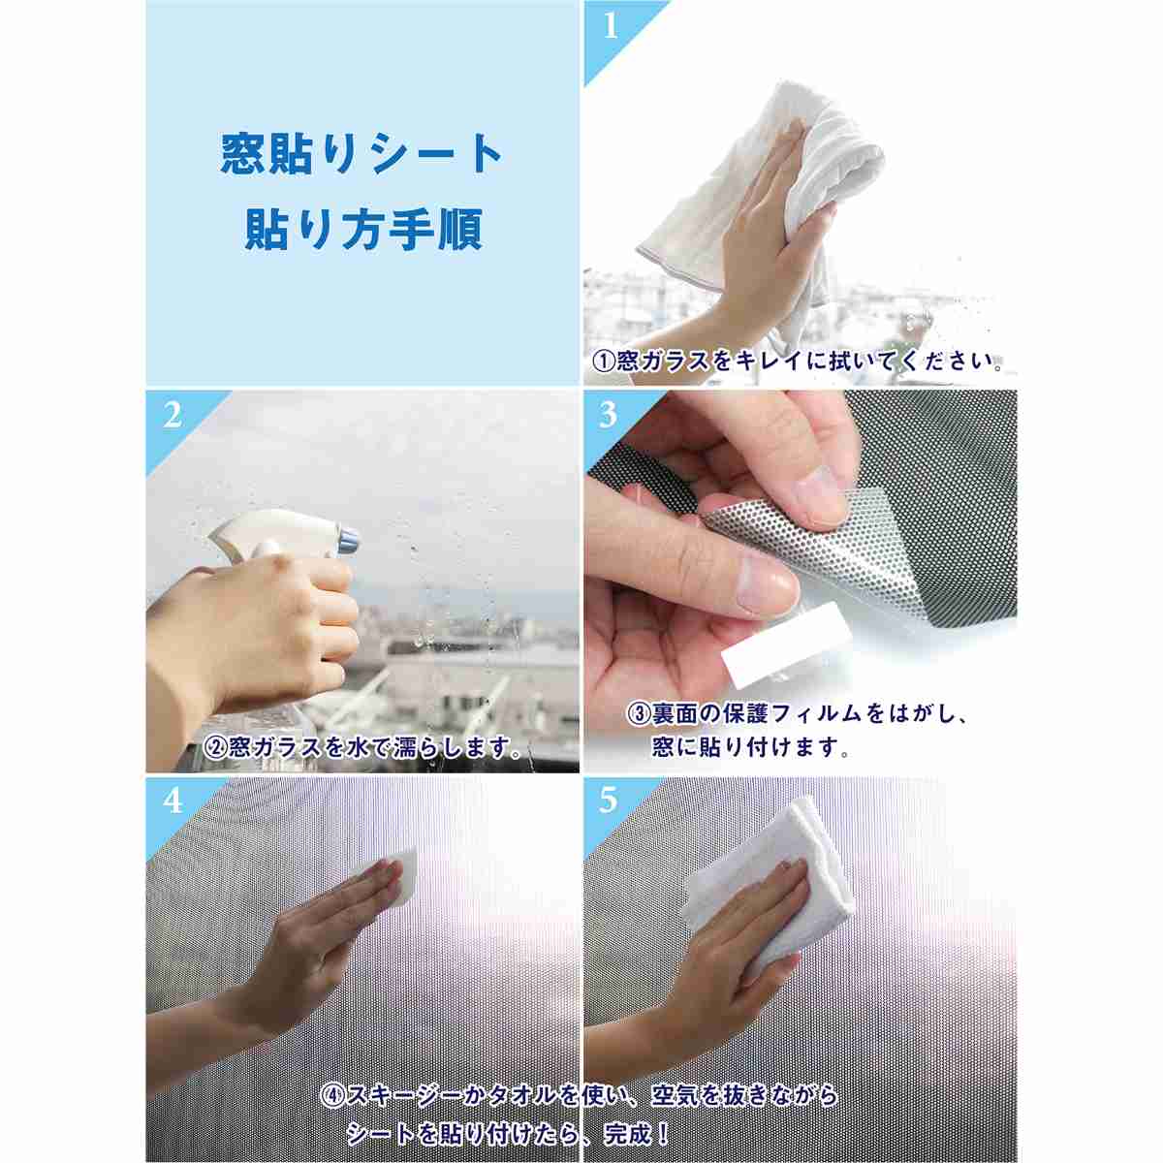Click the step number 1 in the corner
[611, 26]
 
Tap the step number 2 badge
[173, 415]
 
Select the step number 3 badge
[609, 415]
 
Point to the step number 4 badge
[173, 802]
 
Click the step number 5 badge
[609, 802]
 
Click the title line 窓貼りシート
[361, 154]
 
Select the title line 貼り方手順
[363, 230]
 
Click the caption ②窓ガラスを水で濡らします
[363, 748]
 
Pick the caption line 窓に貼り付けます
[752, 748]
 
